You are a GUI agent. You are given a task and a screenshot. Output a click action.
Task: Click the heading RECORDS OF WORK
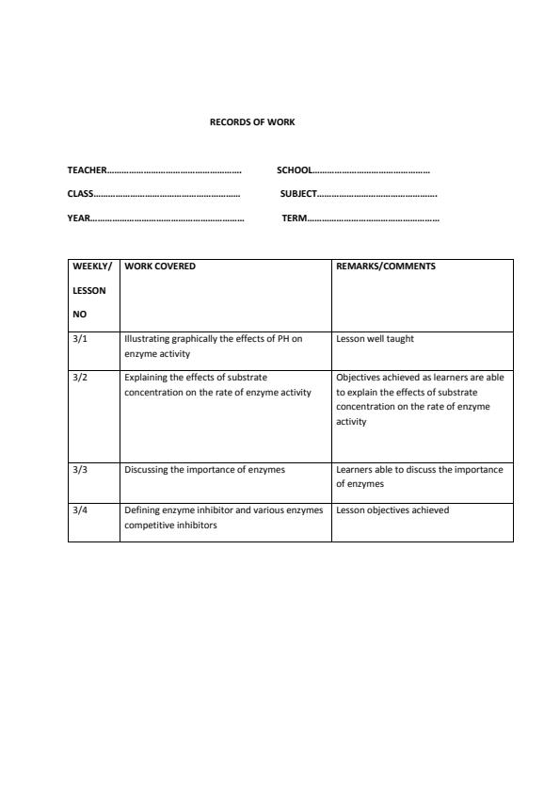point(252,122)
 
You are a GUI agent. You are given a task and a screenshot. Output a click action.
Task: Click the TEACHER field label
point(87,170)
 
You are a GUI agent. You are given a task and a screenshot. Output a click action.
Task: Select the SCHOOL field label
point(295,170)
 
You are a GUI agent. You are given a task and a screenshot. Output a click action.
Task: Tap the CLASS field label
point(80,194)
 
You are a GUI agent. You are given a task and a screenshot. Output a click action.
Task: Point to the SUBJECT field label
point(298,194)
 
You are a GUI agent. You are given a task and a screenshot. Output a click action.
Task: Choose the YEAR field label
point(78,218)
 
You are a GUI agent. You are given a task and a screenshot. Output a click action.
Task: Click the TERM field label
point(294,218)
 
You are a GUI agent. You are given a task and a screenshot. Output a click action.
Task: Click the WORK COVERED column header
point(160,267)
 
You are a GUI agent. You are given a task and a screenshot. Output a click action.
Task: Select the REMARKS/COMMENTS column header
point(386,267)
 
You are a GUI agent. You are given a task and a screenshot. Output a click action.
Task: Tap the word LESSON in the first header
point(89,291)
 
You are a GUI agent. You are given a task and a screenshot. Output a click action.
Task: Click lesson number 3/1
point(80,339)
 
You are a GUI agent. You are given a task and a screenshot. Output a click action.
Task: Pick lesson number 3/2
point(80,378)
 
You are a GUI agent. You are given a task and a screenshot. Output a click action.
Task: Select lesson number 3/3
point(80,469)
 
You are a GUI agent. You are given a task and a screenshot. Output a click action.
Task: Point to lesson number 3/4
point(80,510)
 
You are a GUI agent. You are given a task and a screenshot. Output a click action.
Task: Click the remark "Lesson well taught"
point(375,339)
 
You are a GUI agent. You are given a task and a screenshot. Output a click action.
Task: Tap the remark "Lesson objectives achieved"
point(392,510)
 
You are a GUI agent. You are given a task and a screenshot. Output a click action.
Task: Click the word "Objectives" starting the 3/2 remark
point(357,378)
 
